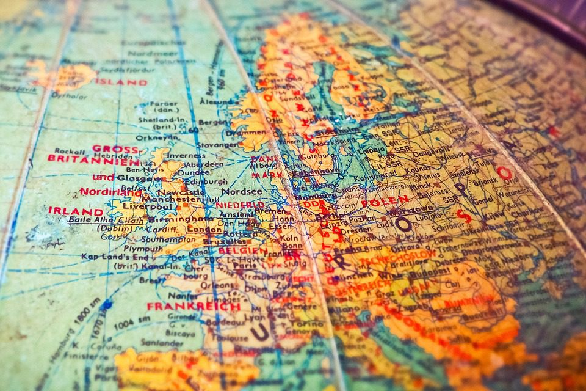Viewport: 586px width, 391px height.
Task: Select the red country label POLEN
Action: pyautogui.click(x=385, y=200)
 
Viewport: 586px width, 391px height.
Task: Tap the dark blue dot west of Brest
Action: pyautogui.click(x=107, y=303)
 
